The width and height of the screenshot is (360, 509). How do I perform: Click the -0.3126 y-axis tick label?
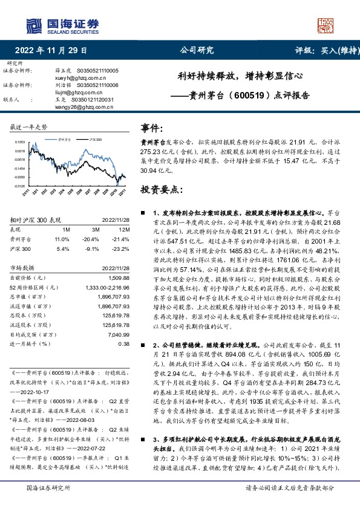(x=19, y=186)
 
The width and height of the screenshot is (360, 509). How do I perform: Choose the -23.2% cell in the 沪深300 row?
(x=122, y=248)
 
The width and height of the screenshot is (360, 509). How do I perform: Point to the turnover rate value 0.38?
(x=124, y=343)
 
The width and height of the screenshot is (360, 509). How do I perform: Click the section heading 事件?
(x=152, y=128)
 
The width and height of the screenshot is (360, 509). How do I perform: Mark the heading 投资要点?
(x=160, y=189)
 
